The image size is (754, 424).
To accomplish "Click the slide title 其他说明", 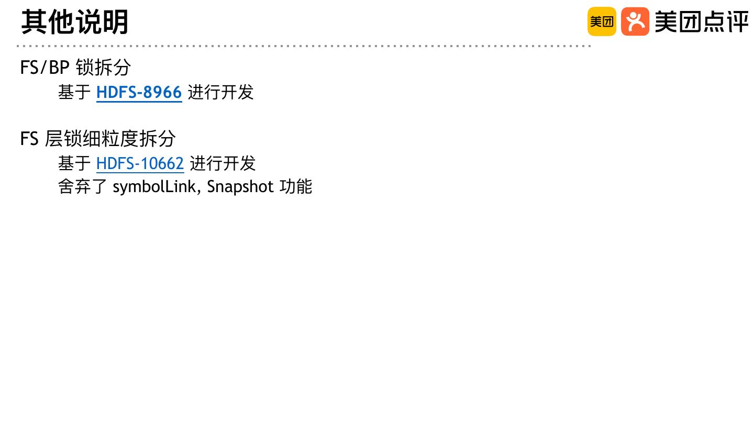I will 75,22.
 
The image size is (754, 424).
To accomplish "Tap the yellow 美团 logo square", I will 602,21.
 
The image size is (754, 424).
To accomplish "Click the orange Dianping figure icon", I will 635,21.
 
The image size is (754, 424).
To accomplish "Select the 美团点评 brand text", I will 702,22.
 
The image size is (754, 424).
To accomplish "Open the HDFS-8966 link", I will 139,92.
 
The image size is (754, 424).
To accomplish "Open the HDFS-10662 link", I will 140,163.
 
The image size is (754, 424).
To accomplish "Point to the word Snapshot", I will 240,186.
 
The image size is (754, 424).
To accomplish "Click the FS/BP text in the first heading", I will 45,68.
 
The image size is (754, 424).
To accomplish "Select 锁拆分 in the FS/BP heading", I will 103,68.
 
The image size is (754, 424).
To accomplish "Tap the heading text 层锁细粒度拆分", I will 110,139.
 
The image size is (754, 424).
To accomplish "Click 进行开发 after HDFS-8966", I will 220,92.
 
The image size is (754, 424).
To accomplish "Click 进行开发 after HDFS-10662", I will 223,163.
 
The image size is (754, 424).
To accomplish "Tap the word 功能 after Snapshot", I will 296,186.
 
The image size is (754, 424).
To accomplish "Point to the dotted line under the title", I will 304,46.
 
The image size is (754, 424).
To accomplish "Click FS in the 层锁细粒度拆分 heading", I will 29,139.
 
